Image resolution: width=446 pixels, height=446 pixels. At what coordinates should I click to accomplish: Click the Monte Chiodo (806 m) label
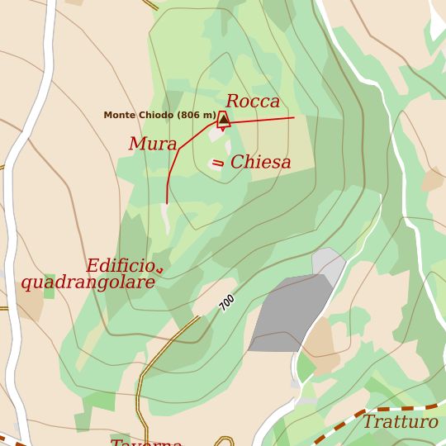159,115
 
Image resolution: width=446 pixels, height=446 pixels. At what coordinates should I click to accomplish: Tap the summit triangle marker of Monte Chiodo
223,119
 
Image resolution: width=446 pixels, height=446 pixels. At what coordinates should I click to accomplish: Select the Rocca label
253,102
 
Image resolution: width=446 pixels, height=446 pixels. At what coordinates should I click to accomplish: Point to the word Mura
153,145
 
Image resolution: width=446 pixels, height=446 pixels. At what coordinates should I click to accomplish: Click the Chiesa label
260,163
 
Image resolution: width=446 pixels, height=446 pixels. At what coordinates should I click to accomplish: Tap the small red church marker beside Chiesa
218,163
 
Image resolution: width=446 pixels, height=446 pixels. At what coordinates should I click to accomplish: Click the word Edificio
121,266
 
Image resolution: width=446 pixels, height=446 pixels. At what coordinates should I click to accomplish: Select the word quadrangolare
88,282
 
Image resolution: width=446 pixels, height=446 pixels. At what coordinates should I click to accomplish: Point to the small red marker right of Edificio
159,269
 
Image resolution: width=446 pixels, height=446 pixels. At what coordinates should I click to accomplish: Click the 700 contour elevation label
227,302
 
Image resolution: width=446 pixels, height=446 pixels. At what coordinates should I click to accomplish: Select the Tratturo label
401,422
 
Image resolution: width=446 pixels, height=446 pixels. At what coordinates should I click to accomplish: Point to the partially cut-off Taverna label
146,442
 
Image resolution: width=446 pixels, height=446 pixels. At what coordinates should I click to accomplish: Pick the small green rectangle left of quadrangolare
50,287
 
